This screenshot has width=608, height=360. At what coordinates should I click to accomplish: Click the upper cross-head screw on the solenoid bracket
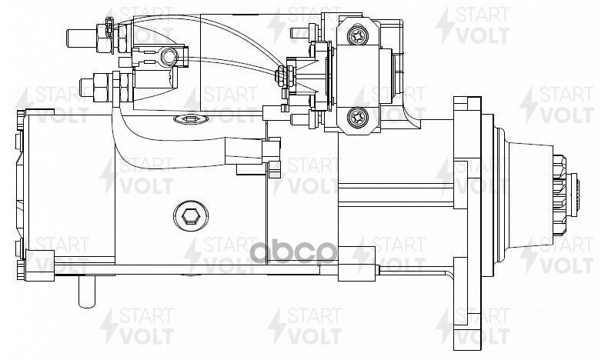point(358,36)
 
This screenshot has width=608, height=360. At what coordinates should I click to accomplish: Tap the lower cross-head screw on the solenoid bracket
point(358,117)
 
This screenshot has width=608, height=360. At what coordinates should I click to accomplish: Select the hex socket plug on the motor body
point(190,217)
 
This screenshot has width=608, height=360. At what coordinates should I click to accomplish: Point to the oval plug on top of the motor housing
point(191,119)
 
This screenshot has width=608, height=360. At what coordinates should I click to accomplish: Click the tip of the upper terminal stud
point(68,38)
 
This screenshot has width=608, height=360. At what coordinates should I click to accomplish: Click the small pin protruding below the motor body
point(86,291)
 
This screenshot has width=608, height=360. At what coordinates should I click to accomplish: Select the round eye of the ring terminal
point(169,58)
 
